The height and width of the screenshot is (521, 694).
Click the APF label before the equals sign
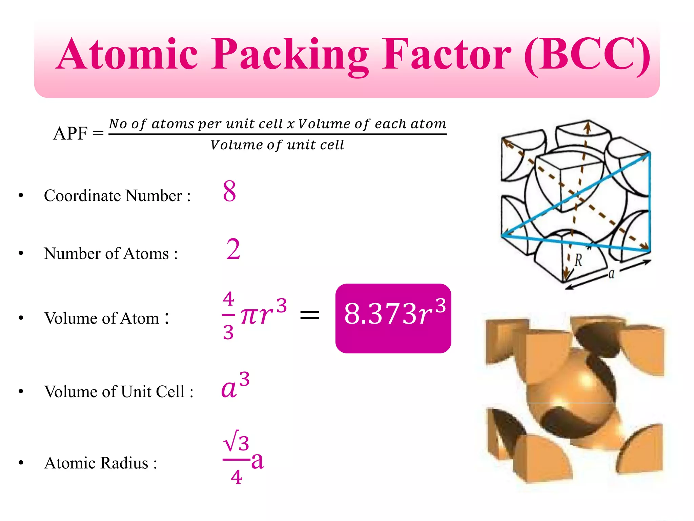(x=70, y=133)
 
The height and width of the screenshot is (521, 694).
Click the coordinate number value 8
(x=229, y=191)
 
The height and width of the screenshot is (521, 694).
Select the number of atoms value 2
(x=233, y=249)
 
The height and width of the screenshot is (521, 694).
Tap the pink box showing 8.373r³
(x=393, y=318)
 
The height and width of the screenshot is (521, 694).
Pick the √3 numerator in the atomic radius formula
(x=237, y=442)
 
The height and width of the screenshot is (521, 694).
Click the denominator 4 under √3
(x=237, y=477)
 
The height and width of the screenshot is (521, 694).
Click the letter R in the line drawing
(x=578, y=260)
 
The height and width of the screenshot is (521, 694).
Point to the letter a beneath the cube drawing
(x=611, y=273)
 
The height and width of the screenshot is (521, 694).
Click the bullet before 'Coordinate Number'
(x=21, y=195)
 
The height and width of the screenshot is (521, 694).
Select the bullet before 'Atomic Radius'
(x=21, y=463)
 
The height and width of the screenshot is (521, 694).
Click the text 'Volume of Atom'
(x=102, y=318)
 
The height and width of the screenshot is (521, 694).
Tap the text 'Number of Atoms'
(x=106, y=253)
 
